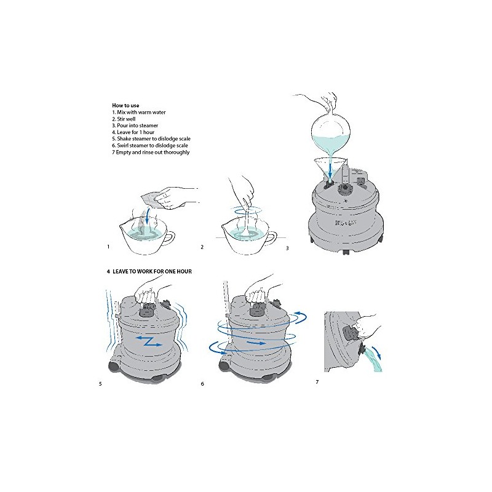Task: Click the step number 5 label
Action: click(100, 384)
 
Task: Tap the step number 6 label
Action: click(202, 384)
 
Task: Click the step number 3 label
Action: click(287, 248)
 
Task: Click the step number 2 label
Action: click(202, 247)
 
